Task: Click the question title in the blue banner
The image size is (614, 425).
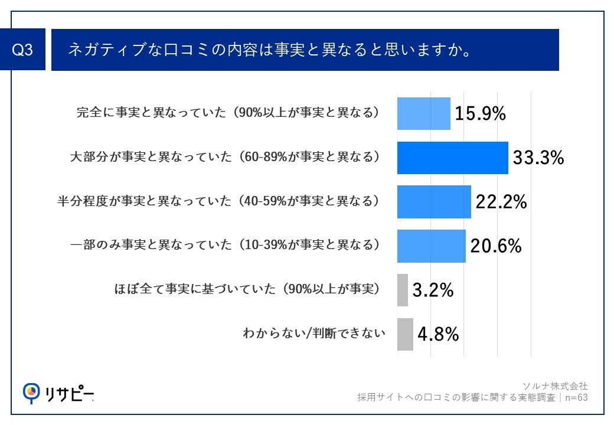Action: (x=269, y=50)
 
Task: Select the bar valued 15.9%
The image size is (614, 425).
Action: (x=423, y=113)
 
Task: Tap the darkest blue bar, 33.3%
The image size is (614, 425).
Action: (x=452, y=158)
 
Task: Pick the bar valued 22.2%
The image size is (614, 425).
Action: (x=434, y=202)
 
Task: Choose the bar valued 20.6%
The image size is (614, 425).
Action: (x=431, y=246)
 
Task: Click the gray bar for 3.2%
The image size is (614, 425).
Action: (x=402, y=290)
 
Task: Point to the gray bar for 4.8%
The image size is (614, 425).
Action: (x=405, y=334)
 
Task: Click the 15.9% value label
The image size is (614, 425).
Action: (x=480, y=114)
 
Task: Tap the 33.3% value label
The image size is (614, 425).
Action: (x=538, y=158)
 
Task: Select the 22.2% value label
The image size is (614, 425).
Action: (x=501, y=202)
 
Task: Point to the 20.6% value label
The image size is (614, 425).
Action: (x=495, y=246)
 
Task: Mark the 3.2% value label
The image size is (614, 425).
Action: (x=432, y=290)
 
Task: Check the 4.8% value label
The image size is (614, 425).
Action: (x=438, y=335)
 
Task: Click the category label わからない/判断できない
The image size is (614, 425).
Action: (x=314, y=334)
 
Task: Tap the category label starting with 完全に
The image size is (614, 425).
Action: (x=227, y=113)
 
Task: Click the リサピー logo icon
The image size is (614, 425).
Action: (x=30, y=391)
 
